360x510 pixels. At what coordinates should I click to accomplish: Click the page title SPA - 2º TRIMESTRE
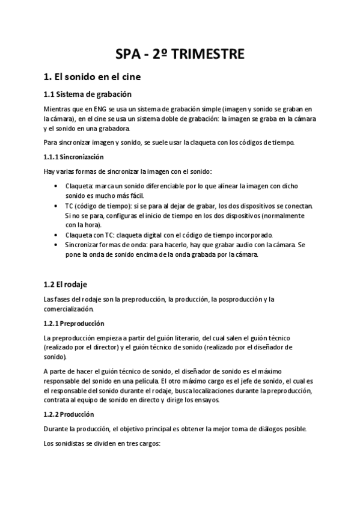(x=180, y=54)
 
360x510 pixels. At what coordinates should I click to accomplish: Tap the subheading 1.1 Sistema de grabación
(x=88, y=94)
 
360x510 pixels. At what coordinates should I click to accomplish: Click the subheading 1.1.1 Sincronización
(x=74, y=157)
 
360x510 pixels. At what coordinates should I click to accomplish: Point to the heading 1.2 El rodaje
(x=66, y=283)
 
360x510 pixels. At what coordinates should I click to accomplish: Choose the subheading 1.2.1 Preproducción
(x=75, y=323)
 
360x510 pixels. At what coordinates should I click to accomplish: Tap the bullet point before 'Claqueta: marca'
(x=56, y=186)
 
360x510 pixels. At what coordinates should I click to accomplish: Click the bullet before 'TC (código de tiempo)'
(x=56, y=206)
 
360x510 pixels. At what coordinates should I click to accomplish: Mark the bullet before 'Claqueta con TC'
(x=56, y=235)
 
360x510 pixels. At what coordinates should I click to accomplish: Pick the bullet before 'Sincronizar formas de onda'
(x=56, y=245)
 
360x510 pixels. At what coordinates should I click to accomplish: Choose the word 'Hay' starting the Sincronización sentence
(x=50, y=171)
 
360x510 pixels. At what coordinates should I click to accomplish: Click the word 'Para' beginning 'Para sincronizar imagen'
(x=52, y=143)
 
